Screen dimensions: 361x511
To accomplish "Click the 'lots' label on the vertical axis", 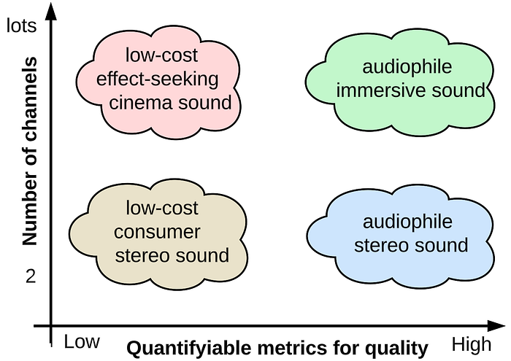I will [22, 26].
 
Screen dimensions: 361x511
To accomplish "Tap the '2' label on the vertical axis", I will [30, 276].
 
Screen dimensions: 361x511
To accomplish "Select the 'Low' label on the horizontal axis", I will [81, 342].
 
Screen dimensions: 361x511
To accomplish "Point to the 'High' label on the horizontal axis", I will [472, 343].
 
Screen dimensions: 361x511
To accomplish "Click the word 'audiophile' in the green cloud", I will [407, 67].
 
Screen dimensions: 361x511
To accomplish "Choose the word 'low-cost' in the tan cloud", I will [161, 209].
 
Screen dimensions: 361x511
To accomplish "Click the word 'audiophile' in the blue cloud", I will [407, 221].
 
